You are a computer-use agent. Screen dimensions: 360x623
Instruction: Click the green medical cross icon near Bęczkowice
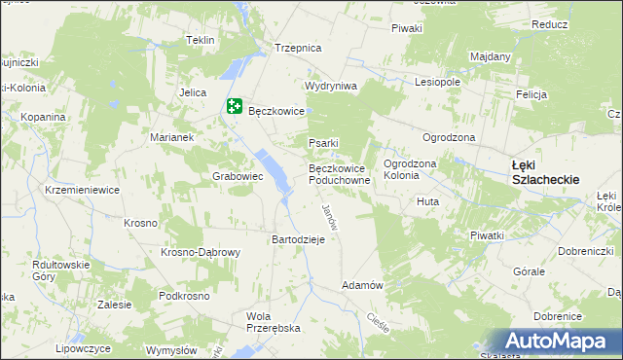pos(235,106)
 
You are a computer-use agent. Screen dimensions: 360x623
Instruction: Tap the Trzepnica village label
pos(298,48)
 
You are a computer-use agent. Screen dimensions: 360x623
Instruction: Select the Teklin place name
pos(200,41)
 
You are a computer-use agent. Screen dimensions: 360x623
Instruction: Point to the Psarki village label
pos(323,144)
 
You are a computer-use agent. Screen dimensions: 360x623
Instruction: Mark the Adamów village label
pos(361,285)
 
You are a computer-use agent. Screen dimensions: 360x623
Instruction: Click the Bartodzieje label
pos(304,239)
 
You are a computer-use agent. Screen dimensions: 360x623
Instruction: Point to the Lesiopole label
pos(437,83)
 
